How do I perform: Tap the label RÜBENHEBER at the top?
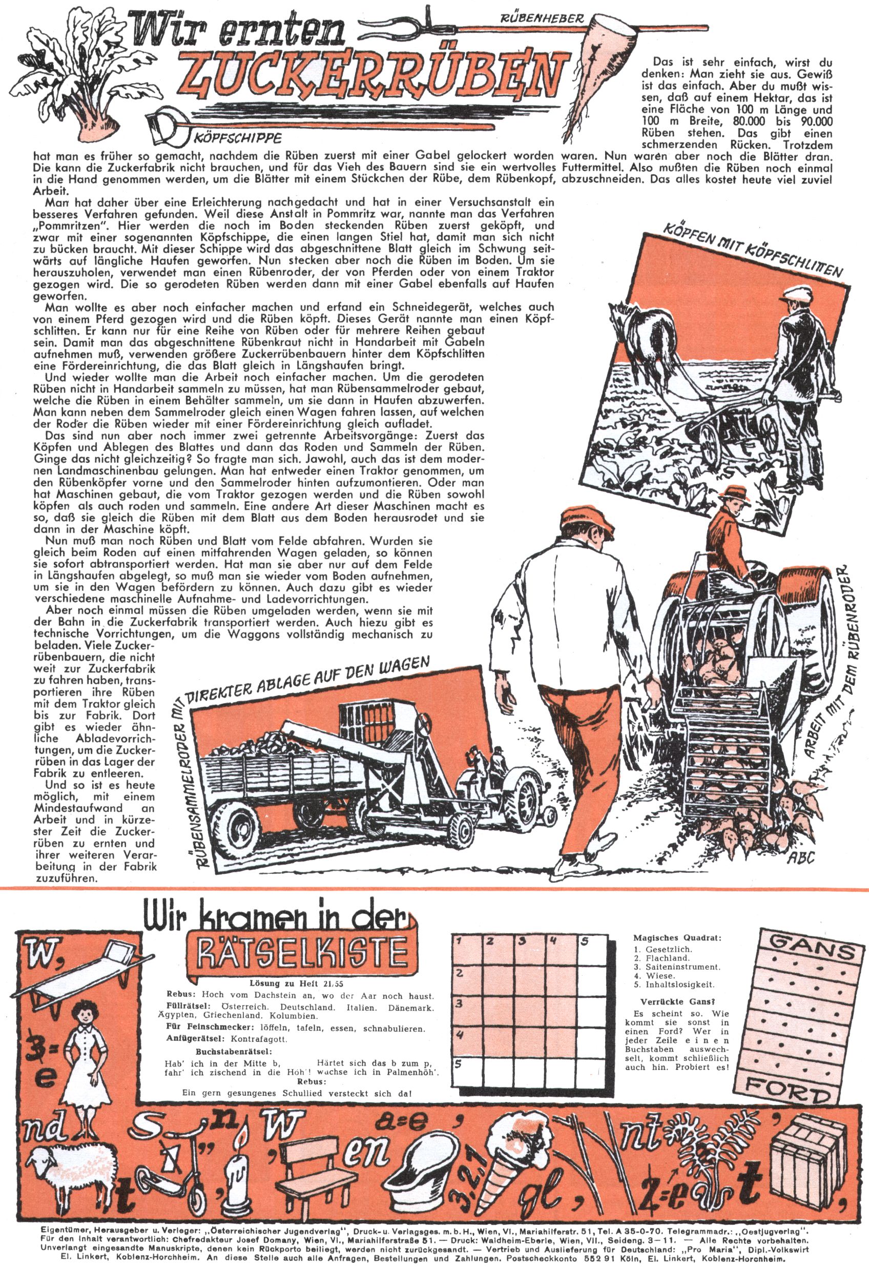click(542, 19)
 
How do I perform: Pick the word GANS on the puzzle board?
click(812, 950)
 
